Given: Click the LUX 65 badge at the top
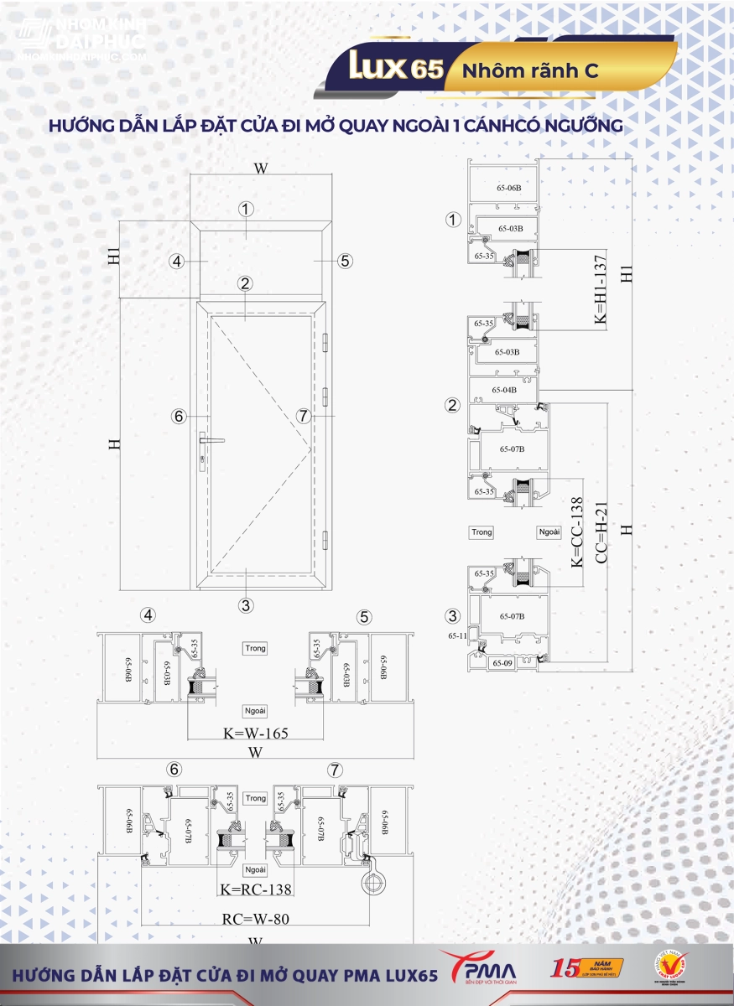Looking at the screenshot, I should (393, 68).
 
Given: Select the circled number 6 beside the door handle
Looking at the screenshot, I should (178, 416).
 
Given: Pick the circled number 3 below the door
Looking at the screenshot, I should (246, 604).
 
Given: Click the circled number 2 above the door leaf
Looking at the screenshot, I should (245, 283).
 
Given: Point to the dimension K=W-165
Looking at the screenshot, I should (255, 734).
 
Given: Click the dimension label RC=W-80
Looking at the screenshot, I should (255, 919).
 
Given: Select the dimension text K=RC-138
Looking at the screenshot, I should (255, 889).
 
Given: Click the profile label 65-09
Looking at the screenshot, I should (502, 664).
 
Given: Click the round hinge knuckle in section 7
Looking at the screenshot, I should (372, 881).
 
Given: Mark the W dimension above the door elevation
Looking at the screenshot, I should (261, 169).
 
